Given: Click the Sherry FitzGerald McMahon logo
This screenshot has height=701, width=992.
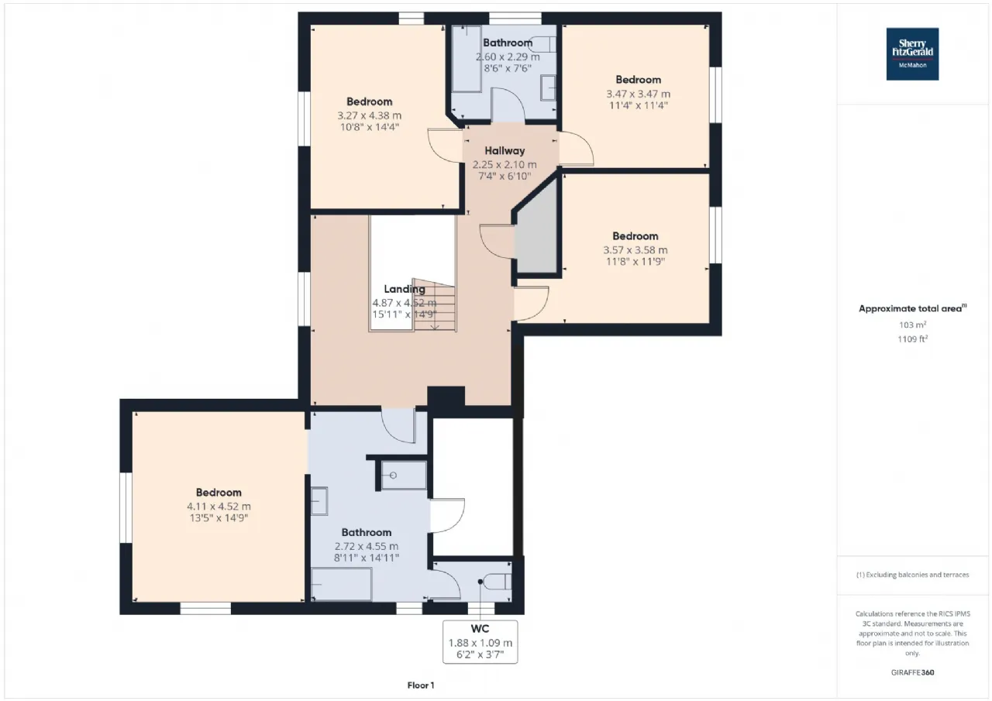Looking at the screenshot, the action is point(912,54).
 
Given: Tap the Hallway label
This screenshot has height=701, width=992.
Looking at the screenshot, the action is point(505,151).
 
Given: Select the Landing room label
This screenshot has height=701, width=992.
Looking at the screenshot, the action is point(405,290).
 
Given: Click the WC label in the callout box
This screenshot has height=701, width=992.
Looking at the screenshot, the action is point(480,629).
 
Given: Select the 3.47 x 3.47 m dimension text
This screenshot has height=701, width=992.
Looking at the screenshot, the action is point(638,94).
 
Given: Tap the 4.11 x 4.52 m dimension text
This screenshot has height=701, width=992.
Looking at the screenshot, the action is point(219,507).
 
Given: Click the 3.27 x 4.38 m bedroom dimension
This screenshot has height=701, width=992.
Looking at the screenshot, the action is point(370,115).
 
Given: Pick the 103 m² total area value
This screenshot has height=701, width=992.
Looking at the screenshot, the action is point(912,325).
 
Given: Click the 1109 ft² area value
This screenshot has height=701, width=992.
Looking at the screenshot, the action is point(912,339).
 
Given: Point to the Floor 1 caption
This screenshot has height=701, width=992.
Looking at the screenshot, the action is point(421,686).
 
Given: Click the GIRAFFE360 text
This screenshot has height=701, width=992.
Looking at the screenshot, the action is point(912,672).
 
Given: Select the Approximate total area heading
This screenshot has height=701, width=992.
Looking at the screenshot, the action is point(912,308).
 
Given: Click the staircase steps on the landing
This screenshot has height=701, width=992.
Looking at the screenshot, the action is point(434,304).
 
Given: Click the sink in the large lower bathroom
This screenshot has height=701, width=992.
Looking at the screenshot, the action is point(319,501).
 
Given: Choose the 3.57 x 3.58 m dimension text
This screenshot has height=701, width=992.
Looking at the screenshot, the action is point(635,250).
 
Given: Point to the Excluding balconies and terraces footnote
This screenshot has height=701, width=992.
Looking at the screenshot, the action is point(912,575).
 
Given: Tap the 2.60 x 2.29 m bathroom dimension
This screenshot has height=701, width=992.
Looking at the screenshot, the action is point(508,57).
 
